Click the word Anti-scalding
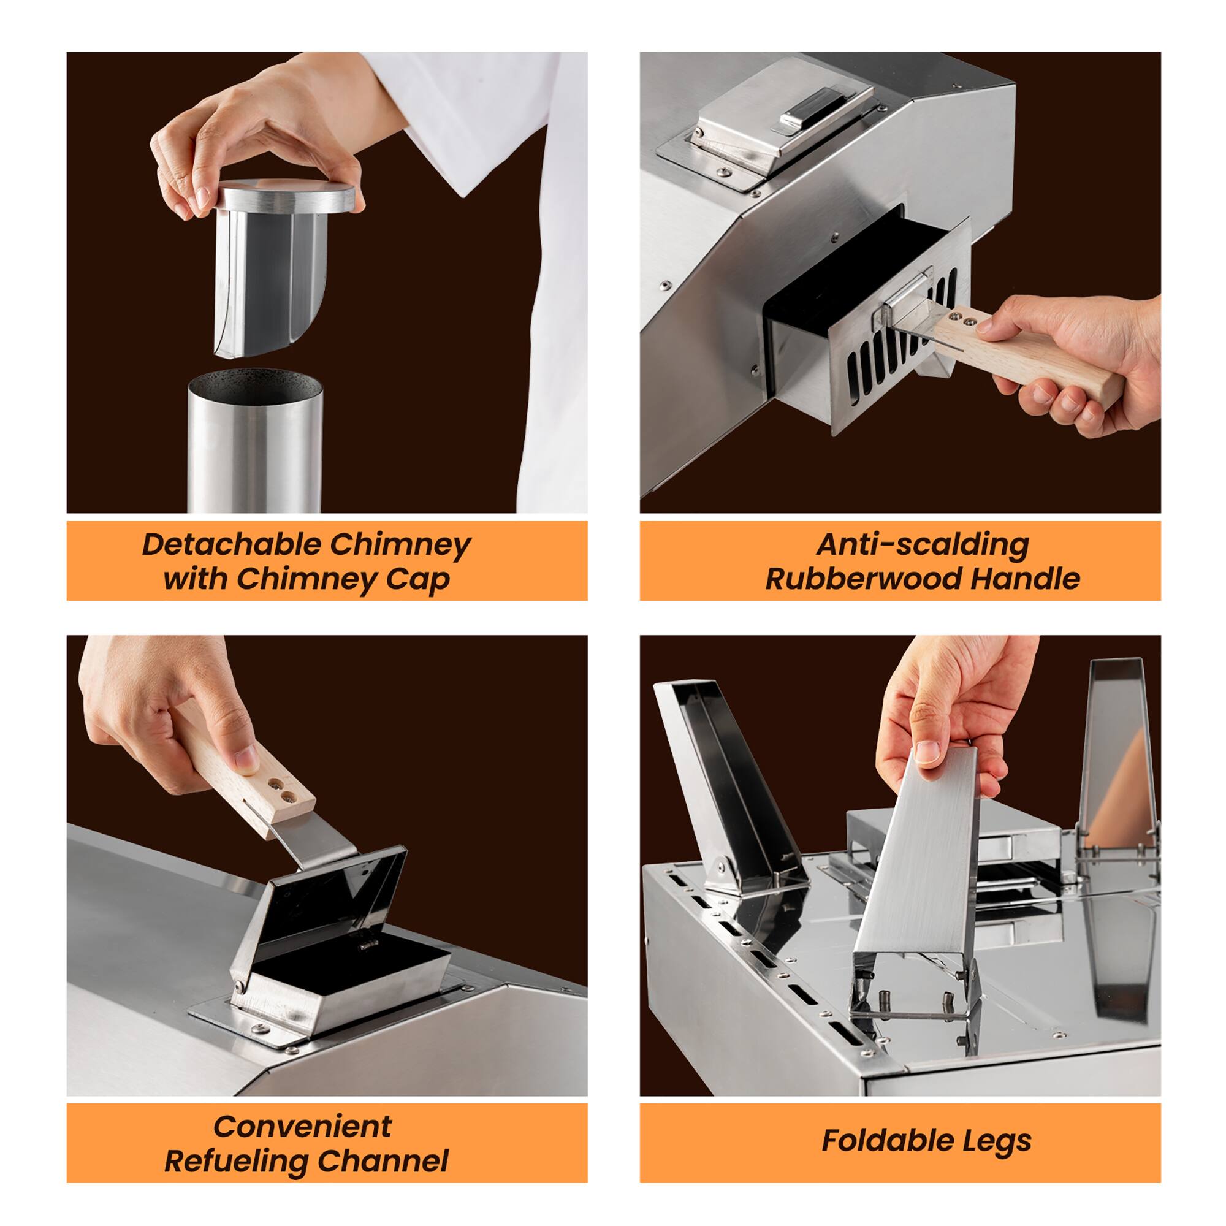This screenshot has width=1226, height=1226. click(x=922, y=544)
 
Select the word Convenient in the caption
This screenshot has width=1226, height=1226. click(x=303, y=1126)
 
